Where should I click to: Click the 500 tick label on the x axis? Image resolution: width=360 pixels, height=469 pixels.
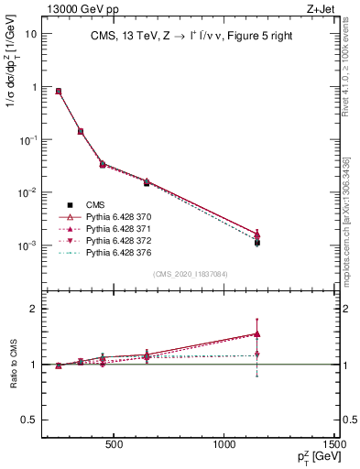coord(114,447)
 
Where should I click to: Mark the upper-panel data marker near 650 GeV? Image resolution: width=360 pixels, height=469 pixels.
coord(147,183)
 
